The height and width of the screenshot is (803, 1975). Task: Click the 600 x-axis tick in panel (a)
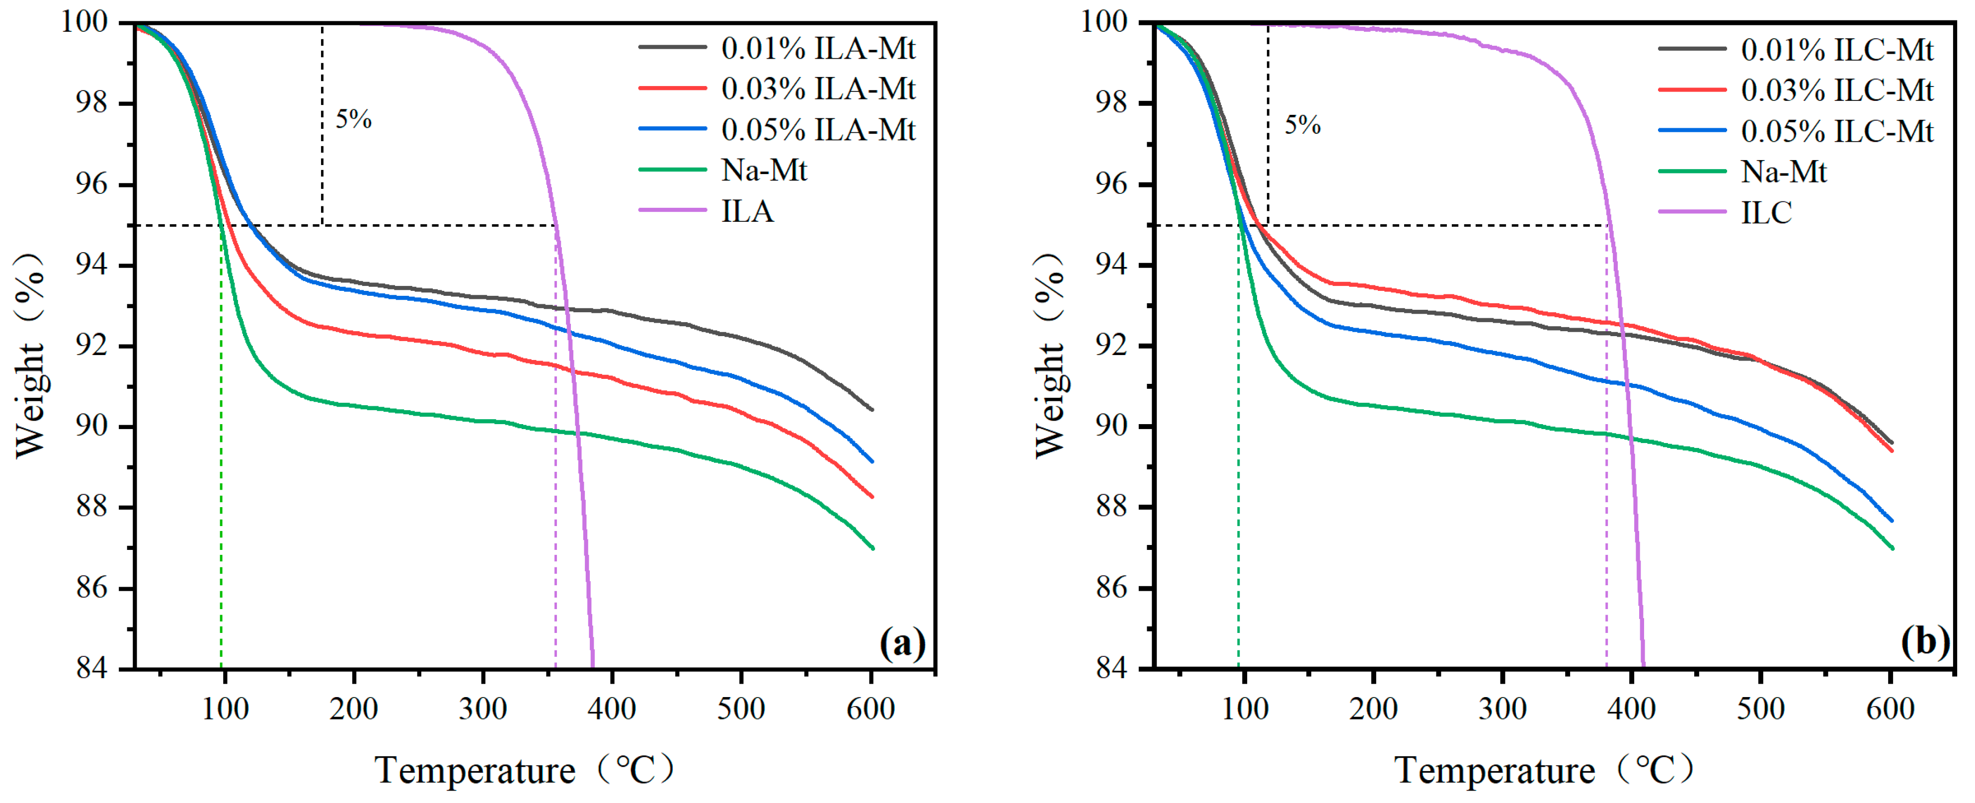click(x=870, y=708)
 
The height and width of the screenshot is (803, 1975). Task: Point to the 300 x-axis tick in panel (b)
click(x=1502, y=708)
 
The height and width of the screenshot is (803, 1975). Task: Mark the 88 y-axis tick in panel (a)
click(x=91, y=507)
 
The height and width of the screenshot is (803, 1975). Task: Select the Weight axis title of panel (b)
click(x=1049, y=355)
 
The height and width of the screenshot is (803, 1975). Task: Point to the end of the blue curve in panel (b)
click(x=1892, y=521)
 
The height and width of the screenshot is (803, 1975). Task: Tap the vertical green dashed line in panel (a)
click(x=222, y=460)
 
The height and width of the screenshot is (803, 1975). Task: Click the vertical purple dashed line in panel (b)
click(x=1606, y=460)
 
